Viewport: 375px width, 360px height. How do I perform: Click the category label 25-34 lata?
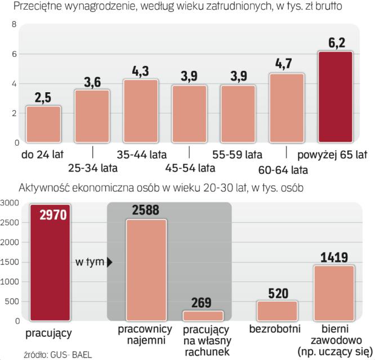[x=92, y=168]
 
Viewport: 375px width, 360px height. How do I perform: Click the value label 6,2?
[x=335, y=41]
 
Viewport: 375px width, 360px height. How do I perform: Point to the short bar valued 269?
[x=203, y=315]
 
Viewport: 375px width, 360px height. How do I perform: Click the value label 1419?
[x=333, y=257]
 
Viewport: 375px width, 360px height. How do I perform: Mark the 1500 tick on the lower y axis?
[x=11, y=262]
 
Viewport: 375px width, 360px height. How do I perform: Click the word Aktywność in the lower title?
[x=46, y=187]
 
